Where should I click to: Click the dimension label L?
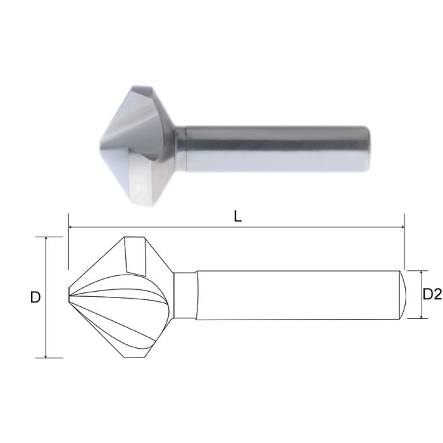point(237,216)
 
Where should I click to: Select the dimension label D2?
point(432,294)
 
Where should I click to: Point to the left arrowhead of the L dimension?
point(71,227)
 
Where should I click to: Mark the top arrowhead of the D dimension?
point(46,240)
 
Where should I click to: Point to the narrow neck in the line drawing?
point(185,296)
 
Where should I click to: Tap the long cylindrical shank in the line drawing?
point(297,295)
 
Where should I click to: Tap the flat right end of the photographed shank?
point(368,148)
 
